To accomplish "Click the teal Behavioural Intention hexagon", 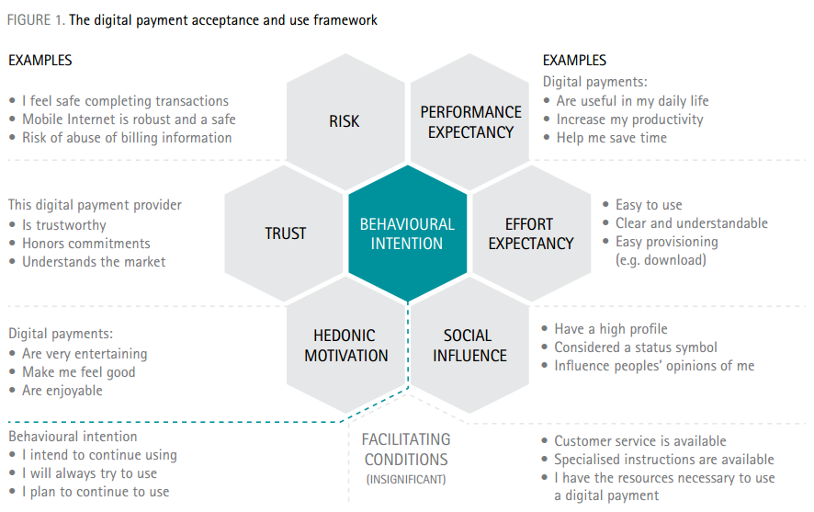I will click(x=407, y=233).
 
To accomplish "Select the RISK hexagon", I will click(x=345, y=121).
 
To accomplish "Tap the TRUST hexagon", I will click(x=285, y=233).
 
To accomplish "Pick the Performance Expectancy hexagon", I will click(x=470, y=121).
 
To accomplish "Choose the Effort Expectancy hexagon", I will click(x=531, y=233).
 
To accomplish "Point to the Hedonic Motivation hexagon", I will click(x=345, y=346).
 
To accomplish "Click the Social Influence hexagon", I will click(x=469, y=346).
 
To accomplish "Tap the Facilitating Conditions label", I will click(x=405, y=449).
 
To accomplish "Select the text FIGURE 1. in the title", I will click(x=35, y=20).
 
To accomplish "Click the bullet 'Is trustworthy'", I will click(x=63, y=225).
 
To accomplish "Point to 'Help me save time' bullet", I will click(x=611, y=138).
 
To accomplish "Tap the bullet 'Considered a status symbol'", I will click(x=636, y=347).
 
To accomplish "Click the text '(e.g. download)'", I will click(x=661, y=260).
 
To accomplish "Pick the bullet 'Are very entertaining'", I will click(x=84, y=354).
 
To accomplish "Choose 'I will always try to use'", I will click(x=89, y=473).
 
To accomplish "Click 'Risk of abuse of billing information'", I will click(x=127, y=138).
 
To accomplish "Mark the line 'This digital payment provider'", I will click(x=96, y=205).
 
